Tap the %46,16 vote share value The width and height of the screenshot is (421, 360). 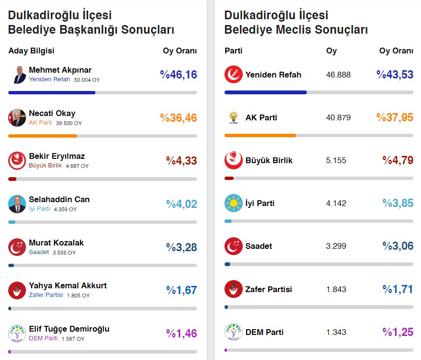(x=179, y=75)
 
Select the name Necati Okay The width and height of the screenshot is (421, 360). (x=52, y=114)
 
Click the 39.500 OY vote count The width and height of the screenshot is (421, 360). (x=68, y=123)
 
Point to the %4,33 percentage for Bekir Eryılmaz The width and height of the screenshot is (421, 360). (x=182, y=161)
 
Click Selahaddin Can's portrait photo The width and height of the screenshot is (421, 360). (x=17, y=204)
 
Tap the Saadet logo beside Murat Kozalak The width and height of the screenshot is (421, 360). (x=17, y=247)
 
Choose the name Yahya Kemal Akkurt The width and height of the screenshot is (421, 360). (x=67, y=285)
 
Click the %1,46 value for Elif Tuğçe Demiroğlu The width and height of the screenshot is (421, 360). (x=182, y=333)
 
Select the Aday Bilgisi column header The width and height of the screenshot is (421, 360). (x=31, y=51)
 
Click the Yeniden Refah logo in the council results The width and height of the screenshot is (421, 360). (x=233, y=75)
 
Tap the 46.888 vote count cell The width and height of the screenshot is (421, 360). (x=338, y=75)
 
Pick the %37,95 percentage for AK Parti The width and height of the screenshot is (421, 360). (x=395, y=117)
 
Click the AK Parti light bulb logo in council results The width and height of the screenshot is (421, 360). (x=233, y=117)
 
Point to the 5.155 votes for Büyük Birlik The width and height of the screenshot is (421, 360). (x=336, y=160)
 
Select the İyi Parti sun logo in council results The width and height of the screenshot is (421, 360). (x=233, y=203)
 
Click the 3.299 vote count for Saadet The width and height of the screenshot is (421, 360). (x=336, y=246)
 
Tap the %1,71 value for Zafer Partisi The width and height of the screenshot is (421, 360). (x=398, y=289)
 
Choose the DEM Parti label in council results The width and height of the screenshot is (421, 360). (x=264, y=332)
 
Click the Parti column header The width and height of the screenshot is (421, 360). (x=234, y=51)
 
